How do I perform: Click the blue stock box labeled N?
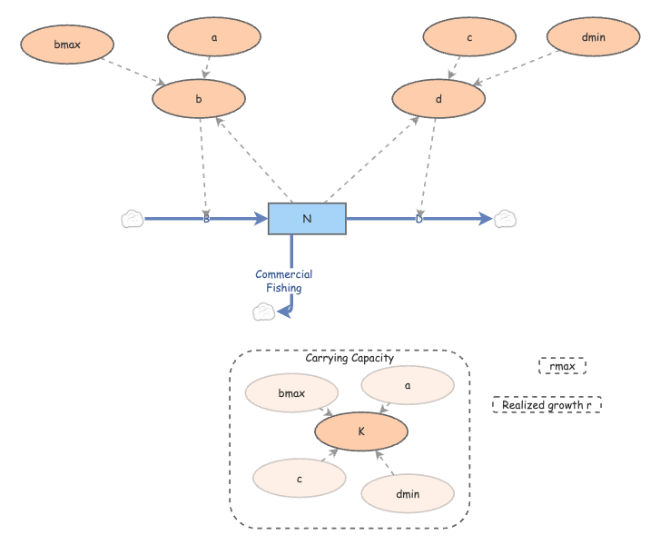307,219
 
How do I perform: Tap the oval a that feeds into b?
213,37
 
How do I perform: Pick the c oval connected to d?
469,37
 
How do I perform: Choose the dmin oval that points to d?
593,37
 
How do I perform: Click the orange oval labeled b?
199,99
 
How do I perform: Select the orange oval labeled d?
438,99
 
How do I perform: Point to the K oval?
361,431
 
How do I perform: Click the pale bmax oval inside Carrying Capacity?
291,394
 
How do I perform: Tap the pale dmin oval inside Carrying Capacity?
408,493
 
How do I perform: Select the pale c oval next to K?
299,477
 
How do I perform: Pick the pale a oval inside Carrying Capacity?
408,385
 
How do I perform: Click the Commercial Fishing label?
284,281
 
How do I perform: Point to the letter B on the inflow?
206,219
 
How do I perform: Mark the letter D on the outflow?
419,219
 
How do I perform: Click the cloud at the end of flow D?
506,218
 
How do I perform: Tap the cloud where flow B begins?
133,219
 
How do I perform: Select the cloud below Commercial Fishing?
263,312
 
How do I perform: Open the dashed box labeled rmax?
562,366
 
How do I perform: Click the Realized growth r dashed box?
547,405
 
